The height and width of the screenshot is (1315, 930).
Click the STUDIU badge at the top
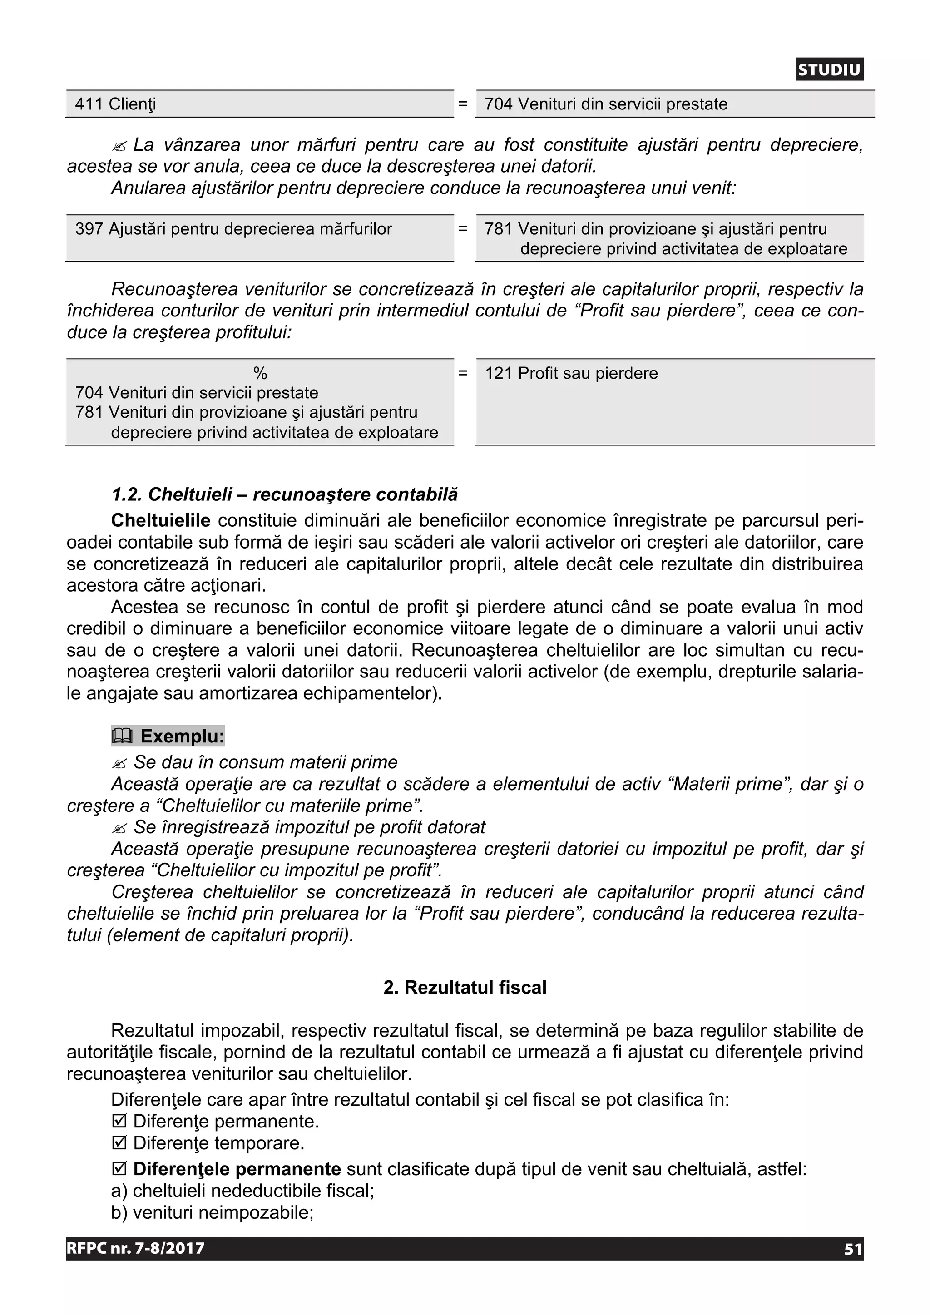[x=829, y=70]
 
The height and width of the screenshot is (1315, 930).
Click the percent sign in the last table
[x=260, y=373]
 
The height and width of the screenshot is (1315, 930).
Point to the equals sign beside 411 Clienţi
[x=463, y=104]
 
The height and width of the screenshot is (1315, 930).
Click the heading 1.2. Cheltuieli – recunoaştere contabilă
[x=285, y=494]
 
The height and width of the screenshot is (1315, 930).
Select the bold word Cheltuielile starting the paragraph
[x=160, y=521]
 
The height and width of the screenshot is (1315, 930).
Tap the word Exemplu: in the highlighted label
[x=182, y=736]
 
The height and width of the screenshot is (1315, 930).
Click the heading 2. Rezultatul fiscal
[x=465, y=988]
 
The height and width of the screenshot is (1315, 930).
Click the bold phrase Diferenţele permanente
[x=237, y=1169]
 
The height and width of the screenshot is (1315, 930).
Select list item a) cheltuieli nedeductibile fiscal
[x=242, y=1191]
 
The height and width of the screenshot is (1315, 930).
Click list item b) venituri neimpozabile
[x=213, y=1212]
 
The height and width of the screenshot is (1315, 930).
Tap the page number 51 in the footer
[x=853, y=1249]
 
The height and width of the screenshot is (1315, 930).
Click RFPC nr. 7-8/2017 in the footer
[x=136, y=1249]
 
